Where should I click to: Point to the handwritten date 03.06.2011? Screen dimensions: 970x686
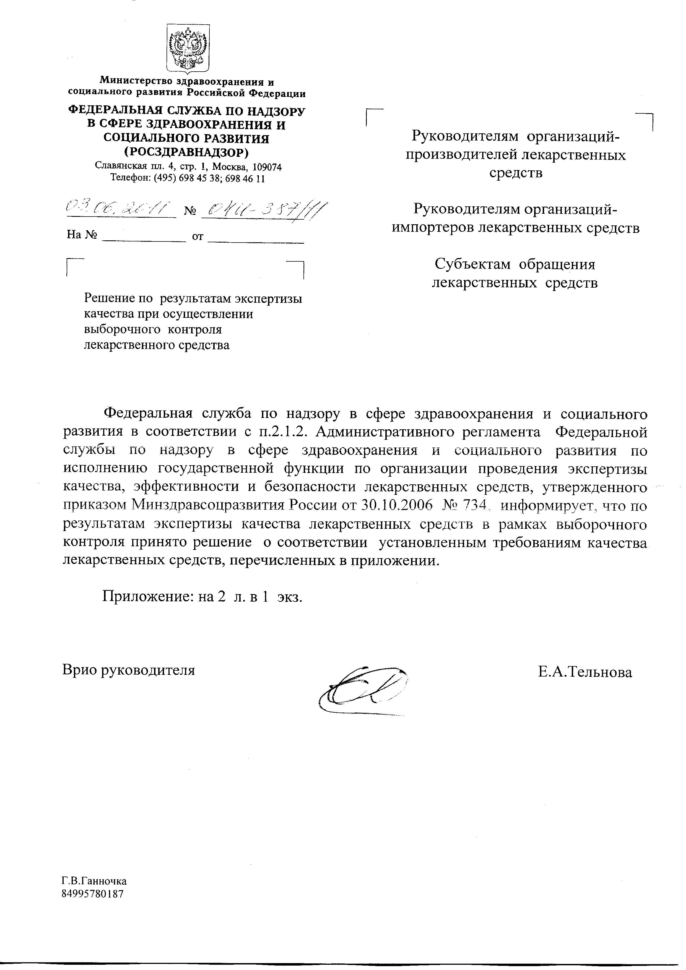pos(120,208)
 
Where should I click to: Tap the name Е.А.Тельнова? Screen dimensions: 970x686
pos(584,672)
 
